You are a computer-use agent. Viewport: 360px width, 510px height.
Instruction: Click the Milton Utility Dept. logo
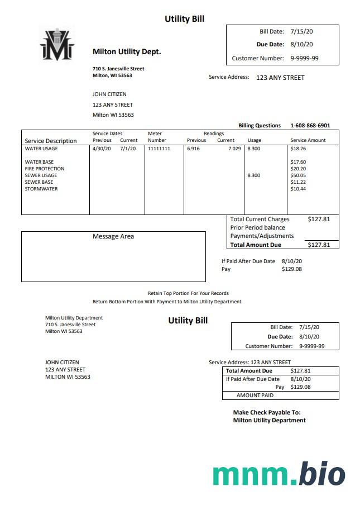56,44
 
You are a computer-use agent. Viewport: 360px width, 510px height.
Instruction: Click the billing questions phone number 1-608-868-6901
310,126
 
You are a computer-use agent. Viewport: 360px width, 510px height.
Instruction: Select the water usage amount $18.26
298,149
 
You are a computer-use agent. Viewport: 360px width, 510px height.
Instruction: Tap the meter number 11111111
159,149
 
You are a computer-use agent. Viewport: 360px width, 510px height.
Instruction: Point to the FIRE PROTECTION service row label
45,169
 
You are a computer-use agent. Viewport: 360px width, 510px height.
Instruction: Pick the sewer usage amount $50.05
298,175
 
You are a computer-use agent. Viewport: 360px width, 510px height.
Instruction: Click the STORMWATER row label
41,189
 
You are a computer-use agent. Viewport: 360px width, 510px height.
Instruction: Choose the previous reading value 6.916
194,149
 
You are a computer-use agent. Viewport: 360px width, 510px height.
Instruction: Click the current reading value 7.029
234,149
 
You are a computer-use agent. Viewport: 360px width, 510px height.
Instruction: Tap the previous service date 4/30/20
102,149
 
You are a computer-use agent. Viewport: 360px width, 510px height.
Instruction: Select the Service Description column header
51,141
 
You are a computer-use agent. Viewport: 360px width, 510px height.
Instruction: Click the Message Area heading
113,236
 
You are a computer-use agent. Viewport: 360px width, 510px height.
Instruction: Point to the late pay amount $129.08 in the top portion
292,269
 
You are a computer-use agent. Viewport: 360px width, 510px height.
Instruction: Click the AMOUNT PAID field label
255,395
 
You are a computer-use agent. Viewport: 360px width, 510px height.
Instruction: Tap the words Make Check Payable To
267,412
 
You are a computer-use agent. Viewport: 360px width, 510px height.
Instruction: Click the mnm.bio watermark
279,474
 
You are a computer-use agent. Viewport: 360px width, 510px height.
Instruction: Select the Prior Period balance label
257,227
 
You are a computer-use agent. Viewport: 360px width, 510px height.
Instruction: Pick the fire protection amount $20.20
298,169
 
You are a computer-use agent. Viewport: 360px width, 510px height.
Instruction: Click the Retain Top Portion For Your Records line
188,293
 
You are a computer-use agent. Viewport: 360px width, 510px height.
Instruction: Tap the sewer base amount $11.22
298,182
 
